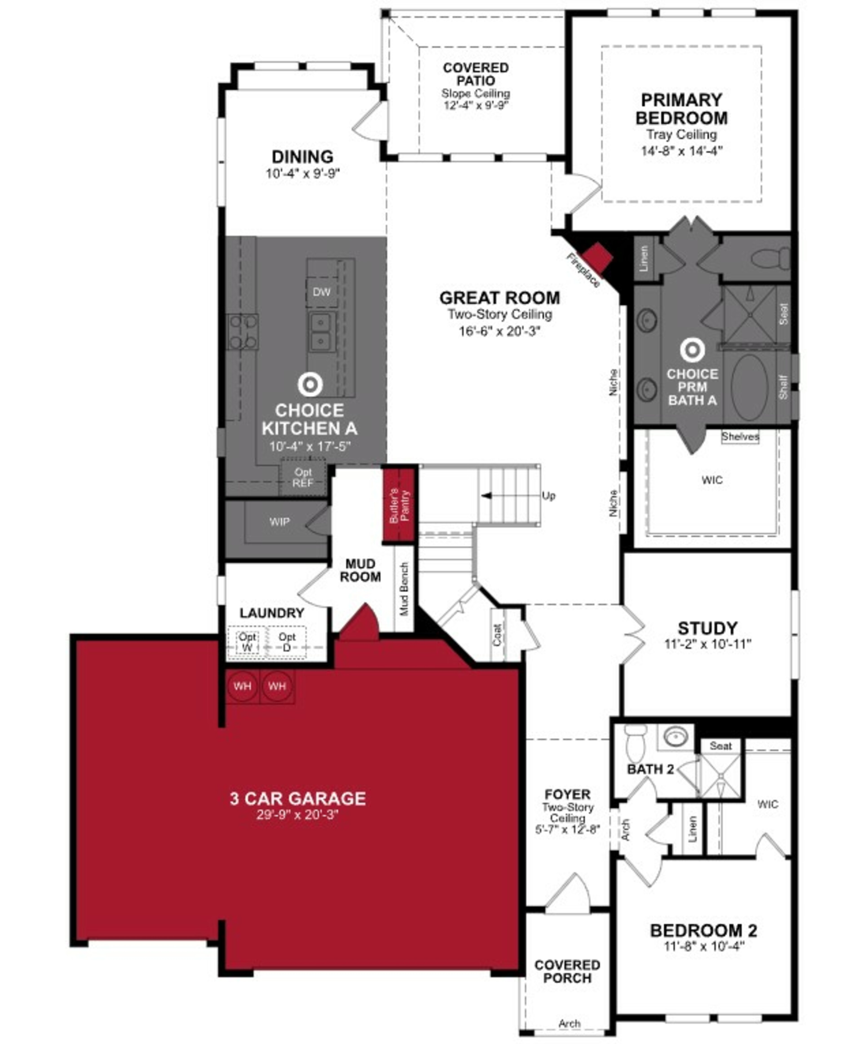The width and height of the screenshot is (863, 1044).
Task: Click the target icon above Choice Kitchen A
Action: point(310,384)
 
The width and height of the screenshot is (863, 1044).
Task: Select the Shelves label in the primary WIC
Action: point(740,436)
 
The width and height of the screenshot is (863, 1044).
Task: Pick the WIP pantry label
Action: point(279,522)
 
